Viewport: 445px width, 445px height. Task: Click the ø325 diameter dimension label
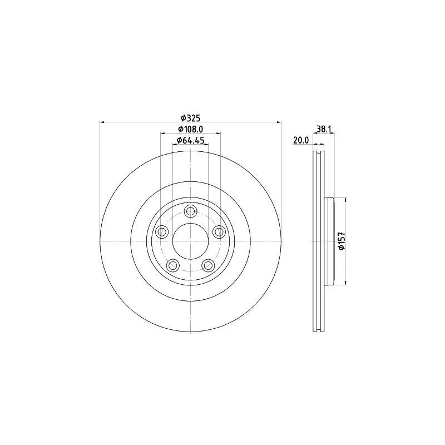(190, 117)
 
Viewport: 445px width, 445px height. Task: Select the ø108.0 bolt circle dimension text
(190, 129)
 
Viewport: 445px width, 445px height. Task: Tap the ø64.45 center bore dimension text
(190, 140)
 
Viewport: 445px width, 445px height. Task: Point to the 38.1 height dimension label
(324, 129)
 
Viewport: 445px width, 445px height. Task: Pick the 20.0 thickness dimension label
(301, 140)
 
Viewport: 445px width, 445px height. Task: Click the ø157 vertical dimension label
(342, 241)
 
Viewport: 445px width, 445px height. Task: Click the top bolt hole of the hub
(190, 211)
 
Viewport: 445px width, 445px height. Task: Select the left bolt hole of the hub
(162, 231)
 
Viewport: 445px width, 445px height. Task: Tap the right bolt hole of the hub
(219, 231)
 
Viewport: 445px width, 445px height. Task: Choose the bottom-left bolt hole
(173, 265)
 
